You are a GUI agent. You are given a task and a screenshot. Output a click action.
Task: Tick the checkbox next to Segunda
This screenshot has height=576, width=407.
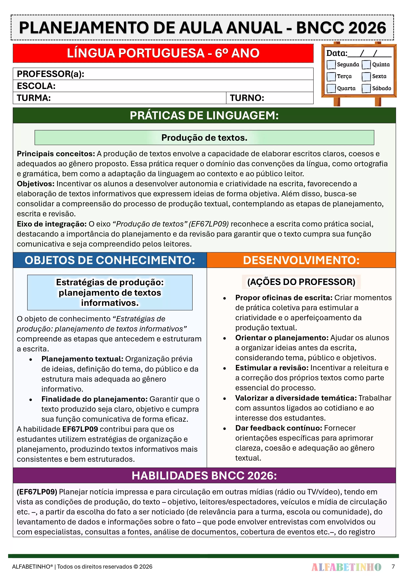click(331, 65)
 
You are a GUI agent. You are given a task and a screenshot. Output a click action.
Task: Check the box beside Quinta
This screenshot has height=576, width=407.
click(366, 65)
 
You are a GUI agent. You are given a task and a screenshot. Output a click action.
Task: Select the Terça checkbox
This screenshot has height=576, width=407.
click(331, 76)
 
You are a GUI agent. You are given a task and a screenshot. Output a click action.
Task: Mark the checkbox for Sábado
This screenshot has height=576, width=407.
click(366, 88)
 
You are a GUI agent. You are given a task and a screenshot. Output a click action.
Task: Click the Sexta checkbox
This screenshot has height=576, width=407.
click(366, 76)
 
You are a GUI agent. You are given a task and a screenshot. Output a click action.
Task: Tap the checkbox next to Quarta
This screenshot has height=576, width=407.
click(331, 88)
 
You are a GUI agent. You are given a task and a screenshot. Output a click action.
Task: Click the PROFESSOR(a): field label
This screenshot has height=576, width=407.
click(50, 74)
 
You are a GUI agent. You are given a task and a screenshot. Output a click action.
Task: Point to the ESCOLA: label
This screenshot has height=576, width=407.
click(36, 86)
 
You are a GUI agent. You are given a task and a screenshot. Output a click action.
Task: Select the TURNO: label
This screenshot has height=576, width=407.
click(247, 98)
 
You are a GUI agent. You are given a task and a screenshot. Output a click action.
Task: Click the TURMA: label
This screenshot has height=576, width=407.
click(34, 98)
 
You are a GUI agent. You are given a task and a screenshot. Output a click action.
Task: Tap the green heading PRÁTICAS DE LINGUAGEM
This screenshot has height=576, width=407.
click(204, 116)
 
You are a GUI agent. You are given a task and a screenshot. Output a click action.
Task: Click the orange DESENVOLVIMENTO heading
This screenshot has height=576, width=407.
click(301, 260)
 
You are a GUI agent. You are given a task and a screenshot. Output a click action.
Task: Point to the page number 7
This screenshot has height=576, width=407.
click(393, 566)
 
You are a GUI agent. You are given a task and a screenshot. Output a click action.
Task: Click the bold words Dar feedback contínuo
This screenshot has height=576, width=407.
click(278, 428)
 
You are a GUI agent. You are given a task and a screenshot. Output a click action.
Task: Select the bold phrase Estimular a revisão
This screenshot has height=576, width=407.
click(272, 368)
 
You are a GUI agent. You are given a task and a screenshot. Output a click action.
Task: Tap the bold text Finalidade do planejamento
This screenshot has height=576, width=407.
click(94, 399)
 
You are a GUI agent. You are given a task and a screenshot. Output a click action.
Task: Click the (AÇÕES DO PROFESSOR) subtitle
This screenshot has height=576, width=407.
click(301, 282)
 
